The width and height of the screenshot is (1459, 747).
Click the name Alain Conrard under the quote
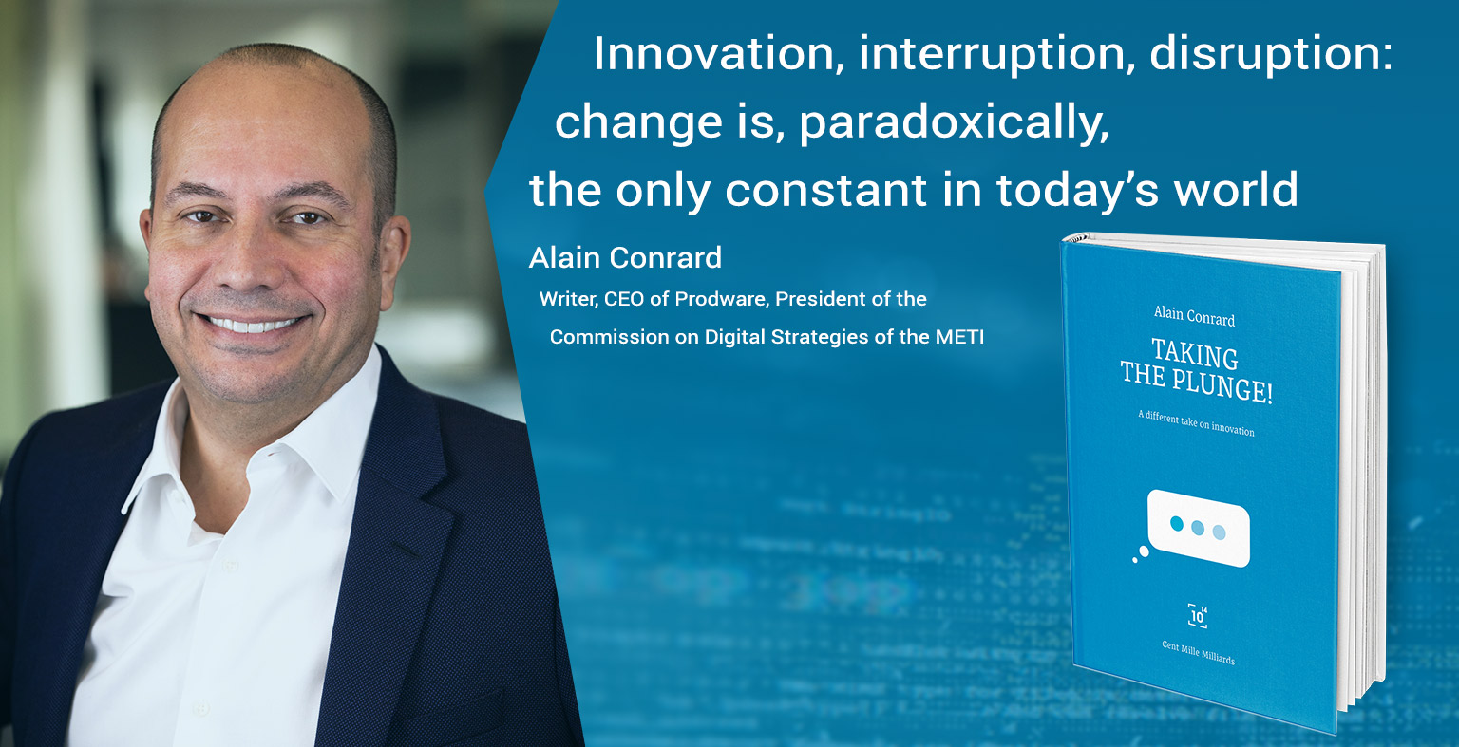(625, 257)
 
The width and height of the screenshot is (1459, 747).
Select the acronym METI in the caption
(959, 337)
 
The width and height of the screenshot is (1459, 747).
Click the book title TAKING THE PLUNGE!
(1196, 370)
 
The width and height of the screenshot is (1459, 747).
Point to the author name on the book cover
(1194, 316)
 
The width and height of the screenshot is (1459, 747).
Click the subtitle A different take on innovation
(1196, 423)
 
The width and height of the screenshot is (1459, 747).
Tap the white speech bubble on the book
(1198, 528)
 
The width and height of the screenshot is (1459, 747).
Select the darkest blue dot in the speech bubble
(1176, 524)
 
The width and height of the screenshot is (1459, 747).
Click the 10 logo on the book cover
(1198, 616)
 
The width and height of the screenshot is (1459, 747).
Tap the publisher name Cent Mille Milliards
(1198, 653)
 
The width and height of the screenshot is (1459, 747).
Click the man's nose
(247, 260)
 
